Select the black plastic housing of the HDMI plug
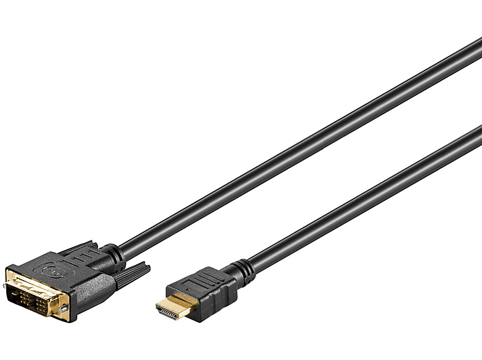coord(205,294)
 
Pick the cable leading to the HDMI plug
coord(362,202)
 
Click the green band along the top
coord(241,17)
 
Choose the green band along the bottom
coord(241,343)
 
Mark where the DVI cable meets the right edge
coord(478,43)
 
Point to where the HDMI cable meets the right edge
coord(478,131)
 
